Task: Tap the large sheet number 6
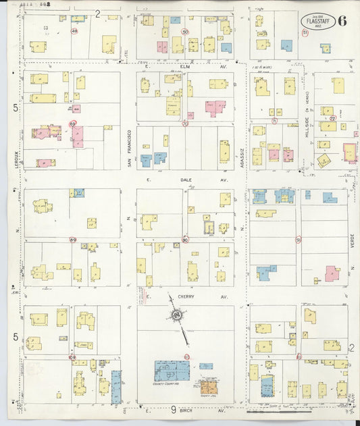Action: [342, 20]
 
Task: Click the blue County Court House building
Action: [172, 370]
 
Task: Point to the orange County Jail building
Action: [207, 386]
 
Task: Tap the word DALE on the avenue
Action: [186, 180]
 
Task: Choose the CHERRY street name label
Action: [186, 296]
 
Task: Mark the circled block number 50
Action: [185, 32]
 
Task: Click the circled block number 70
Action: [184, 124]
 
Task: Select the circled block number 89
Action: [72, 239]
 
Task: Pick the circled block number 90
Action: [185, 239]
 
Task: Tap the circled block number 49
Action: [74, 31]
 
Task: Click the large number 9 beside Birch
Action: [173, 409]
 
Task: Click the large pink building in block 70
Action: [215, 107]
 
